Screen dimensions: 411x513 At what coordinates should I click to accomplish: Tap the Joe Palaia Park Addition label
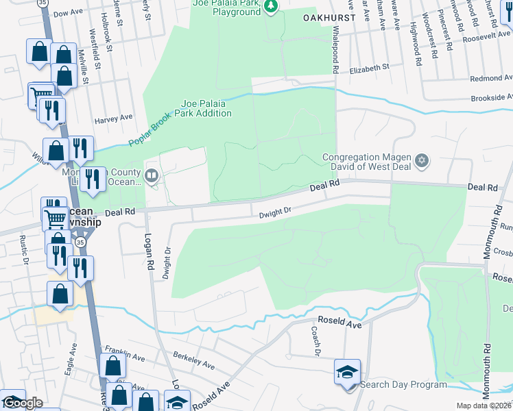pos(206,108)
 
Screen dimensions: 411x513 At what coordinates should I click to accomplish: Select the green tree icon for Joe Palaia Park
pos(272,7)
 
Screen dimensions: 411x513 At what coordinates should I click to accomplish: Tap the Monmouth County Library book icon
pos(151,176)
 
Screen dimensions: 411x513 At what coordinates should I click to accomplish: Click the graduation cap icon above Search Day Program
pos(347,372)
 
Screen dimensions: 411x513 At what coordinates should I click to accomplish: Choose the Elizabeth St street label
pos(369,68)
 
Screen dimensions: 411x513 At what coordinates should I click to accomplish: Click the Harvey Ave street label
pos(113,118)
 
